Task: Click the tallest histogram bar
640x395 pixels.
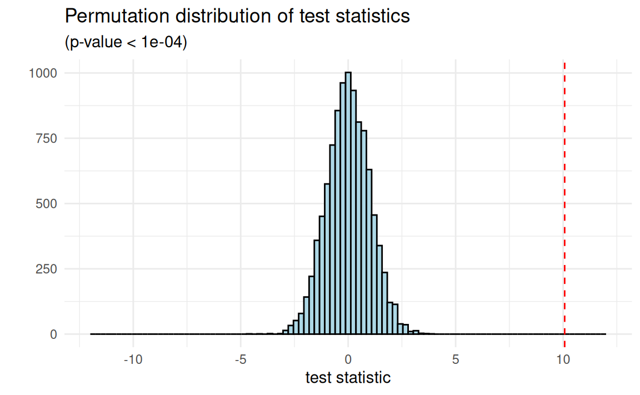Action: coord(348,203)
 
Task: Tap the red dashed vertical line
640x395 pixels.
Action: coord(564,194)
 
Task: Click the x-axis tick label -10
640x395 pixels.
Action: coord(132,359)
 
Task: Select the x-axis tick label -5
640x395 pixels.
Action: coord(240,359)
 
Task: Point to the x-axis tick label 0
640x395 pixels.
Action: coord(348,359)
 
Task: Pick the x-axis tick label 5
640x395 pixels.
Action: coord(456,359)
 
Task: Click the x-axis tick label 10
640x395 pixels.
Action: coord(563,359)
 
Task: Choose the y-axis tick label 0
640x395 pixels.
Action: coord(54,334)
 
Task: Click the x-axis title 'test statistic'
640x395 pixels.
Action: coord(348,378)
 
